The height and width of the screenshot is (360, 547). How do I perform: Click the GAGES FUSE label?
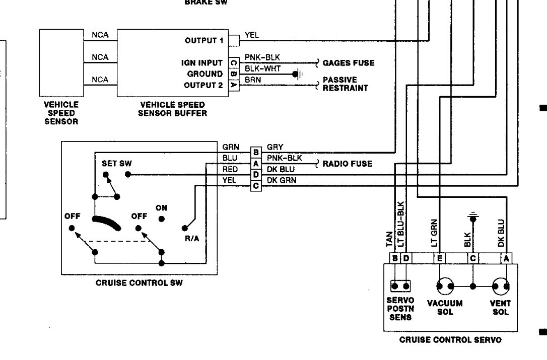click(348, 63)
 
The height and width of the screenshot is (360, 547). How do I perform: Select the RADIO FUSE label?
click(347, 164)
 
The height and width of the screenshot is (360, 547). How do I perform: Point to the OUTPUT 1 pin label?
click(204, 40)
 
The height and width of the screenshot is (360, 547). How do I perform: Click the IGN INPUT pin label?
click(202, 63)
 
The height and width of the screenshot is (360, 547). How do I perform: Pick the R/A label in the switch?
click(192, 238)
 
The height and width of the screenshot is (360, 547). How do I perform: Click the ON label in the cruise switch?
click(161, 207)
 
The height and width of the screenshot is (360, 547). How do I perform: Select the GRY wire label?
click(275, 148)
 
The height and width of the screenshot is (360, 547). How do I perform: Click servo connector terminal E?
click(439, 259)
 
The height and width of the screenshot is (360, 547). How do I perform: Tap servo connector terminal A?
click(506, 259)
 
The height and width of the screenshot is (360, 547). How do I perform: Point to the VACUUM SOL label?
click(445, 308)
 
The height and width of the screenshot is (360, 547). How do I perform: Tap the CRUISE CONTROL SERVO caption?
click(450, 340)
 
